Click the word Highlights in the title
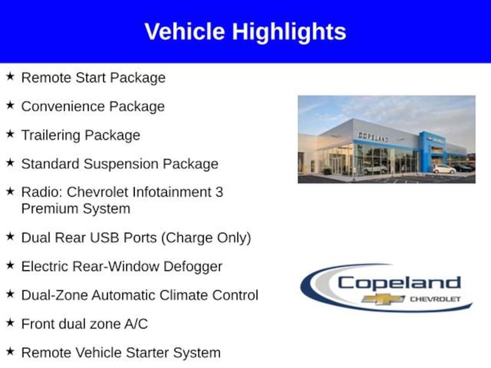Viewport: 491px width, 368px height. [x=289, y=32]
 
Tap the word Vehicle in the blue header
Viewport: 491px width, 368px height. [x=185, y=31]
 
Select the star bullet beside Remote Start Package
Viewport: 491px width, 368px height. [x=10, y=76]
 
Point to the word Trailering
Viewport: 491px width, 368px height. [x=51, y=136]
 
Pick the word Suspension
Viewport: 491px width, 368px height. [x=120, y=164]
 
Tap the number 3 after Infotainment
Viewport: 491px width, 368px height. [x=219, y=192]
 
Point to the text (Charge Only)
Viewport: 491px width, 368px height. [x=206, y=238]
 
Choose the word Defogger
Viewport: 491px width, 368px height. [x=193, y=266]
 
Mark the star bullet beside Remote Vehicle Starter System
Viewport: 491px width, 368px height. [x=10, y=351]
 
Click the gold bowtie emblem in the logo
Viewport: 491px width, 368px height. [x=383, y=299]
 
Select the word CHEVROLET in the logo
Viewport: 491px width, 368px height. [x=435, y=299]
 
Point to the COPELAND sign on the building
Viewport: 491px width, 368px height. [x=373, y=137]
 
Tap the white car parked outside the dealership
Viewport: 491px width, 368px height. [x=444, y=169]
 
